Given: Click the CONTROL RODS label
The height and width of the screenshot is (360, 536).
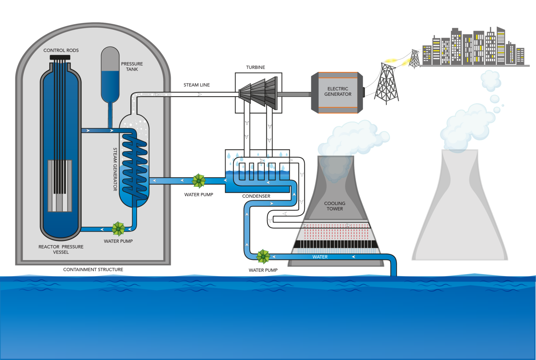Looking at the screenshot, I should click(61, 50).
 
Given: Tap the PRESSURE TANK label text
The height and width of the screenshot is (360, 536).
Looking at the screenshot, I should click(132, 66).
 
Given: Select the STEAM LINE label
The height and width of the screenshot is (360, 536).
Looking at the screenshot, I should click(197, 85).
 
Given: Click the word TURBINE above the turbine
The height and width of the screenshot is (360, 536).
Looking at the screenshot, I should click(255, 68).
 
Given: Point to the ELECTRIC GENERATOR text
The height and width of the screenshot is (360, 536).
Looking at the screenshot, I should click(337, 92).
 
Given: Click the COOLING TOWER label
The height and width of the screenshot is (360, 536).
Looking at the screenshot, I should click(335, 206).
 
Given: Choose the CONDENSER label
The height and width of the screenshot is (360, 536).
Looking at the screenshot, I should click(256, 196).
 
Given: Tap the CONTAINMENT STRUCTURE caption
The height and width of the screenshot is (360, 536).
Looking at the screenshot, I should click(93, 270).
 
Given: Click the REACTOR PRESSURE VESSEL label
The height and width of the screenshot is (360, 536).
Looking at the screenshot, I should click(61, 250).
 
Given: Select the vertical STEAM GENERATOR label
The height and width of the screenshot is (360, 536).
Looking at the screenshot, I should click(115, 169).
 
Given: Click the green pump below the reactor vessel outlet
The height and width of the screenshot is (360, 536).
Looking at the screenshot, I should click(118, 229).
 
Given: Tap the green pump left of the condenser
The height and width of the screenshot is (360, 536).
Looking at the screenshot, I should click(199, 181).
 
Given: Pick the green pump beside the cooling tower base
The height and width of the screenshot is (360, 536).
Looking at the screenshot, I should click(263, 257).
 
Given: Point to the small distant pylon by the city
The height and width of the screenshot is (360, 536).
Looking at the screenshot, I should click(415, 59).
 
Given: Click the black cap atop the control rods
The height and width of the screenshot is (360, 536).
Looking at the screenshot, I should click(60, 58).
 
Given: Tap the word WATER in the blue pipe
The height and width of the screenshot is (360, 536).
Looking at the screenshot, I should click(320, 257).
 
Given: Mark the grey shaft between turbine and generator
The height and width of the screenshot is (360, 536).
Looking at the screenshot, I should click(294, 95).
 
